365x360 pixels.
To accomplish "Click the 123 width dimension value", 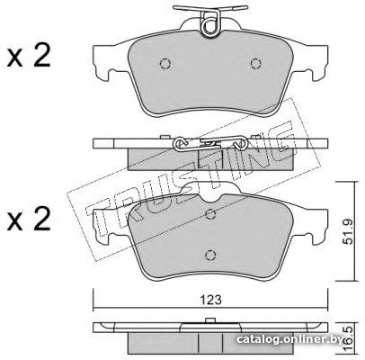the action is tap(210, 299).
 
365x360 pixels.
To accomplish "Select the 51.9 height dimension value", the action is tap(350, 231).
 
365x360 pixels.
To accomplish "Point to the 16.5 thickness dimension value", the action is tap(350, 338).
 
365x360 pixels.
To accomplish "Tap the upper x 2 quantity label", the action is tap(29, 57).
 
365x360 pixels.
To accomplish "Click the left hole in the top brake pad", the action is tap(165, 64).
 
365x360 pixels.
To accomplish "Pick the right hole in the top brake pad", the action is tap(256, 64).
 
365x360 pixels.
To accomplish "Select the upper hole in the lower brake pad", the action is tap(210, 213).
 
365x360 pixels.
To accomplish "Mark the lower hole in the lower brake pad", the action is tap(210, 255).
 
